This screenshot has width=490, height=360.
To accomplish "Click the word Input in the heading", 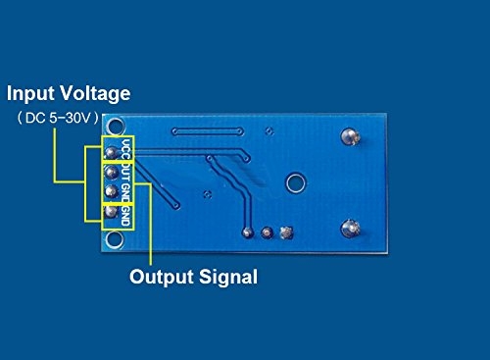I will tap(34, 95).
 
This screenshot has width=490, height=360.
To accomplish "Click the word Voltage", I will tap(96, 95).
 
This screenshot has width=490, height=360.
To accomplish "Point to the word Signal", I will tap(228, 278).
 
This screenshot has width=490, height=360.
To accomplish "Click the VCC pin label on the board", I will tap(127, 152).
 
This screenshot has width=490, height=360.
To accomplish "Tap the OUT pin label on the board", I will tap(127, 173).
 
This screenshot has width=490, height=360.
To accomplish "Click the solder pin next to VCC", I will tap(111, 152).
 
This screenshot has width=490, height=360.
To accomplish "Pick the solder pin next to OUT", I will tap(111, 172).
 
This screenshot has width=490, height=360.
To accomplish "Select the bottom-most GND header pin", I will tap(111, 212).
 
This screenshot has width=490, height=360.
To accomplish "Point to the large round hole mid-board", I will tap(294, 182).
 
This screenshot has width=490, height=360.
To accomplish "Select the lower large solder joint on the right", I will tap(350, 230).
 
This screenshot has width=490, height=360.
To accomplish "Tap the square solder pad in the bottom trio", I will tap(285, 232).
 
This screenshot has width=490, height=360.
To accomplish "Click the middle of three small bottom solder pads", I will tap(267, 232).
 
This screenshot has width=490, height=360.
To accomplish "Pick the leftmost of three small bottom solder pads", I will tap(248, 232).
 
